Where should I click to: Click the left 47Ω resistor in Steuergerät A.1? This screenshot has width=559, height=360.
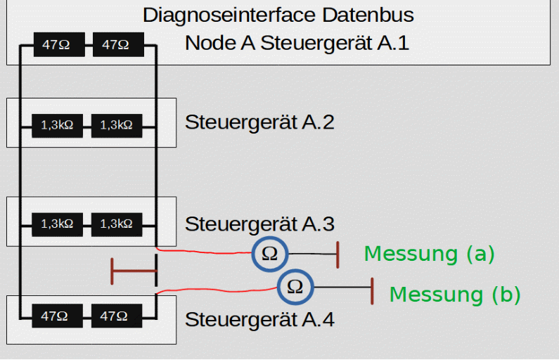pyautogui.click(x=57, y=46)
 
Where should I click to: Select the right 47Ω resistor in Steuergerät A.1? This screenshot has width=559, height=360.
pyautogui.click(x=117, y=46)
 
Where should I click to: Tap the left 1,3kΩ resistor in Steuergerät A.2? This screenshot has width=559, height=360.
pyautogui.click(x=57, y=126)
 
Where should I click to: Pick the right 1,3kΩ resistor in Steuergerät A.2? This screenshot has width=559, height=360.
pyautogui.click(x=117, y=126)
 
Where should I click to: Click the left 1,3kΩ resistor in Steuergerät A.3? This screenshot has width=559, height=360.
pyautogui.click(x=57, y=224)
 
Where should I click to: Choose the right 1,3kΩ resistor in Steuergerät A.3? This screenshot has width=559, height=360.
pyautogui.click(x=117, y=224)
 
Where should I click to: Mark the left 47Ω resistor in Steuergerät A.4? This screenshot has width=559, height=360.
pyautogui.click(x=57, y=316)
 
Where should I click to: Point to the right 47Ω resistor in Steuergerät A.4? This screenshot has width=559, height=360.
pyautogui.click(x=117, y=316)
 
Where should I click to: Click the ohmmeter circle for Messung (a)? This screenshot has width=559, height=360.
pyautogui.click(x=270, y=254)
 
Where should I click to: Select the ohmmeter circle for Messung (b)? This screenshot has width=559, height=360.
pyautogui.click(x=295, y=286)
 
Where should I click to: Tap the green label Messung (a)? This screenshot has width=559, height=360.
pyautogui.click(x=429, y=254)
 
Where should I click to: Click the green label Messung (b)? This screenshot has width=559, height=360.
pyautogui.click(x=455, y=295)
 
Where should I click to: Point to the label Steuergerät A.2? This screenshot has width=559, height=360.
pyautogui.click(x=259, y=122)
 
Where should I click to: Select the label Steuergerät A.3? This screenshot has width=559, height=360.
pyautogui.click(x=259, y=224)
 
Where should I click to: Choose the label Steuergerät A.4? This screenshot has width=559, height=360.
pyautogui.click(x=259, y=319)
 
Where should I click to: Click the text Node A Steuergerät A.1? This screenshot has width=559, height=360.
pyautogui.click(x=297, y=43)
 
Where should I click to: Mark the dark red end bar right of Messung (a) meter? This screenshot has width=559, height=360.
pyautogui.click(x=339, y=254)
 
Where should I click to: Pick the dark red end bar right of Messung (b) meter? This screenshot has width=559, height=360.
pyautogui.click(x=371, y=290)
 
